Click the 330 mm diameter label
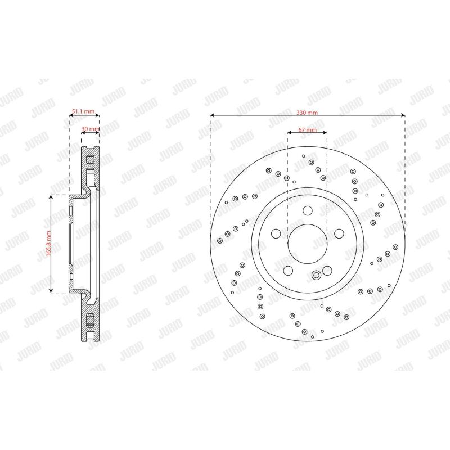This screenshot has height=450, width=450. click(307, 112)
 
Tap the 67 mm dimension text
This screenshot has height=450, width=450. click(307, 130)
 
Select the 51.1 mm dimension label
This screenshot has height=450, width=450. click(82, 112)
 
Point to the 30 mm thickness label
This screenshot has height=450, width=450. click(90, 129)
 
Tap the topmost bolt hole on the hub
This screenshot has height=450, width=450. click(307, 211)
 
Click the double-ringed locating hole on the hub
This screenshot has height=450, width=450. click(316, 274)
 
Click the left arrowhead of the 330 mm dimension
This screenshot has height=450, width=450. click(211, 116)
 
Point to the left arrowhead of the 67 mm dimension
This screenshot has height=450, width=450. click(289, 133)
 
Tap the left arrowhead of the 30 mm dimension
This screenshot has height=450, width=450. click(83, 132)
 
